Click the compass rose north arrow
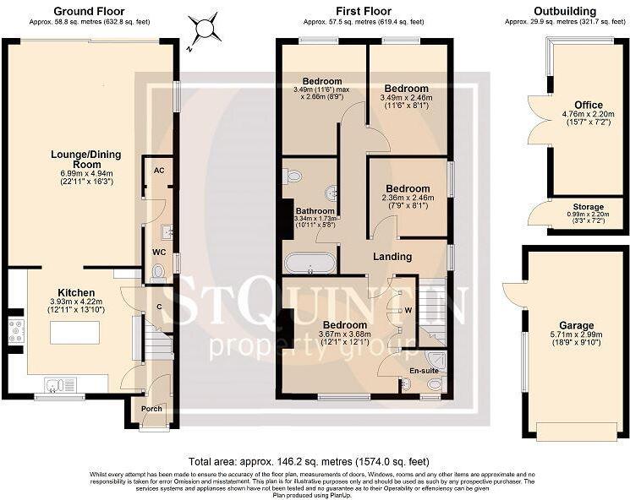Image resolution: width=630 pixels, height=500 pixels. pos(205,31)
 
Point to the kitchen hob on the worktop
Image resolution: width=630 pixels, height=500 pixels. pos(15,330)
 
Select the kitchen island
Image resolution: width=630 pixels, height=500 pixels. pos(75,333)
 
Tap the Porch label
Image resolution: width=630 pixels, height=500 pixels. pos(151,409)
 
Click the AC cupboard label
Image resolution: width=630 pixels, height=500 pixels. pos(158,170)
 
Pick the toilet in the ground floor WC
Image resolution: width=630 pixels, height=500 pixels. pos(158,271)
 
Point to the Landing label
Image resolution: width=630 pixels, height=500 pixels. pos(392,256)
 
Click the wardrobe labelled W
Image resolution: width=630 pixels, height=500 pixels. pos(408,310)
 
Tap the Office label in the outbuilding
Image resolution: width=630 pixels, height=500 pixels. pos(589,106)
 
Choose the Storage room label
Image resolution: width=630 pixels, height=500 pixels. pos(589,207)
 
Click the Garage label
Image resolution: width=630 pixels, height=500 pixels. pos(576,325)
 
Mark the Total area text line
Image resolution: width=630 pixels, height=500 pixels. pos(309,462)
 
